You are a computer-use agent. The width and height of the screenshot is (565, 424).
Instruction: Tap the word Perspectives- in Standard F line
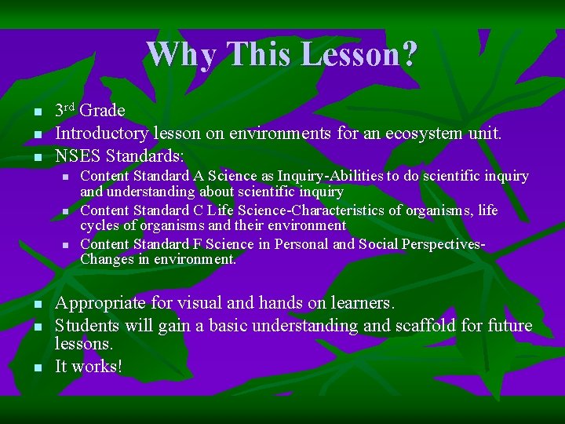click(443, 244)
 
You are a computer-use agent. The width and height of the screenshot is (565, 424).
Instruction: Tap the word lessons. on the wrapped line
click(83, 345)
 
